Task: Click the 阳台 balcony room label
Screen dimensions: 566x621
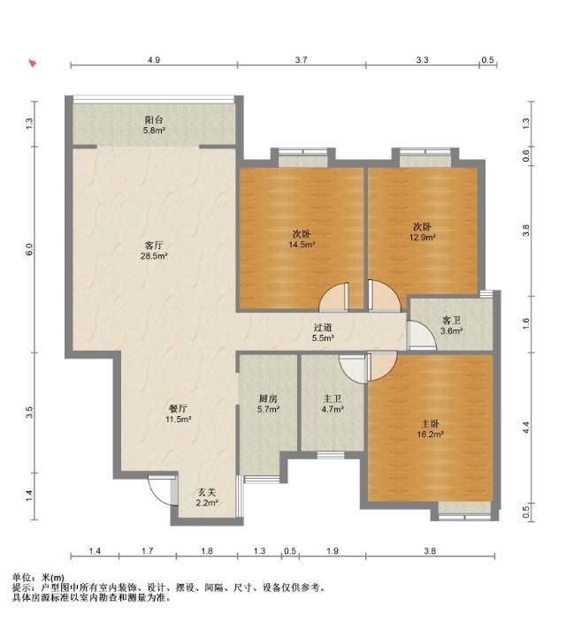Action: (x=154, y=120)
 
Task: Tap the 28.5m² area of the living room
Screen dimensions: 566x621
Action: (x=154, y=256)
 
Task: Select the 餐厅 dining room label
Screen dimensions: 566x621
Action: (x=178, y=409)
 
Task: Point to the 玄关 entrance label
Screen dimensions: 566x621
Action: (x=207, y=493)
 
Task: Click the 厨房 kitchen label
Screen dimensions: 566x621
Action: (x=268, y=398)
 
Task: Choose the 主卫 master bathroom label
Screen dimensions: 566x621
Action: (x=332, y=398)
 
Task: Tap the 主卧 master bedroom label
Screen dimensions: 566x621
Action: (x=430, y=424)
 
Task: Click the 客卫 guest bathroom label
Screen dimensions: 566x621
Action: (x=451, y=321)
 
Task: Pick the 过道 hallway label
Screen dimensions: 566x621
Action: (x=323, y=328)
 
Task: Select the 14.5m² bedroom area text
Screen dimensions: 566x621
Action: (x=302, y=245)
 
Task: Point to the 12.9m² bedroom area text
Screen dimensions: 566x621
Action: (x=423, y=238)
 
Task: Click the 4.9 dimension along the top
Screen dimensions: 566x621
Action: (x=154, y=60)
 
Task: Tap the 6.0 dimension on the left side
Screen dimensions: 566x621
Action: (x=29, y=249)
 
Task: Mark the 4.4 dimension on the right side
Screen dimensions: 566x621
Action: (x=526, y=428)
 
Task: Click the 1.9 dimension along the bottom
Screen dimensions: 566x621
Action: (x=333, y=551)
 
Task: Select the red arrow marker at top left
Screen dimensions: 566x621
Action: (x=33, y=64)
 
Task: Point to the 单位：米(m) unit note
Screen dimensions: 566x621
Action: (x=38, y=578)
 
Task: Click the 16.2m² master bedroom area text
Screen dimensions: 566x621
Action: (x=430, y=435)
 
